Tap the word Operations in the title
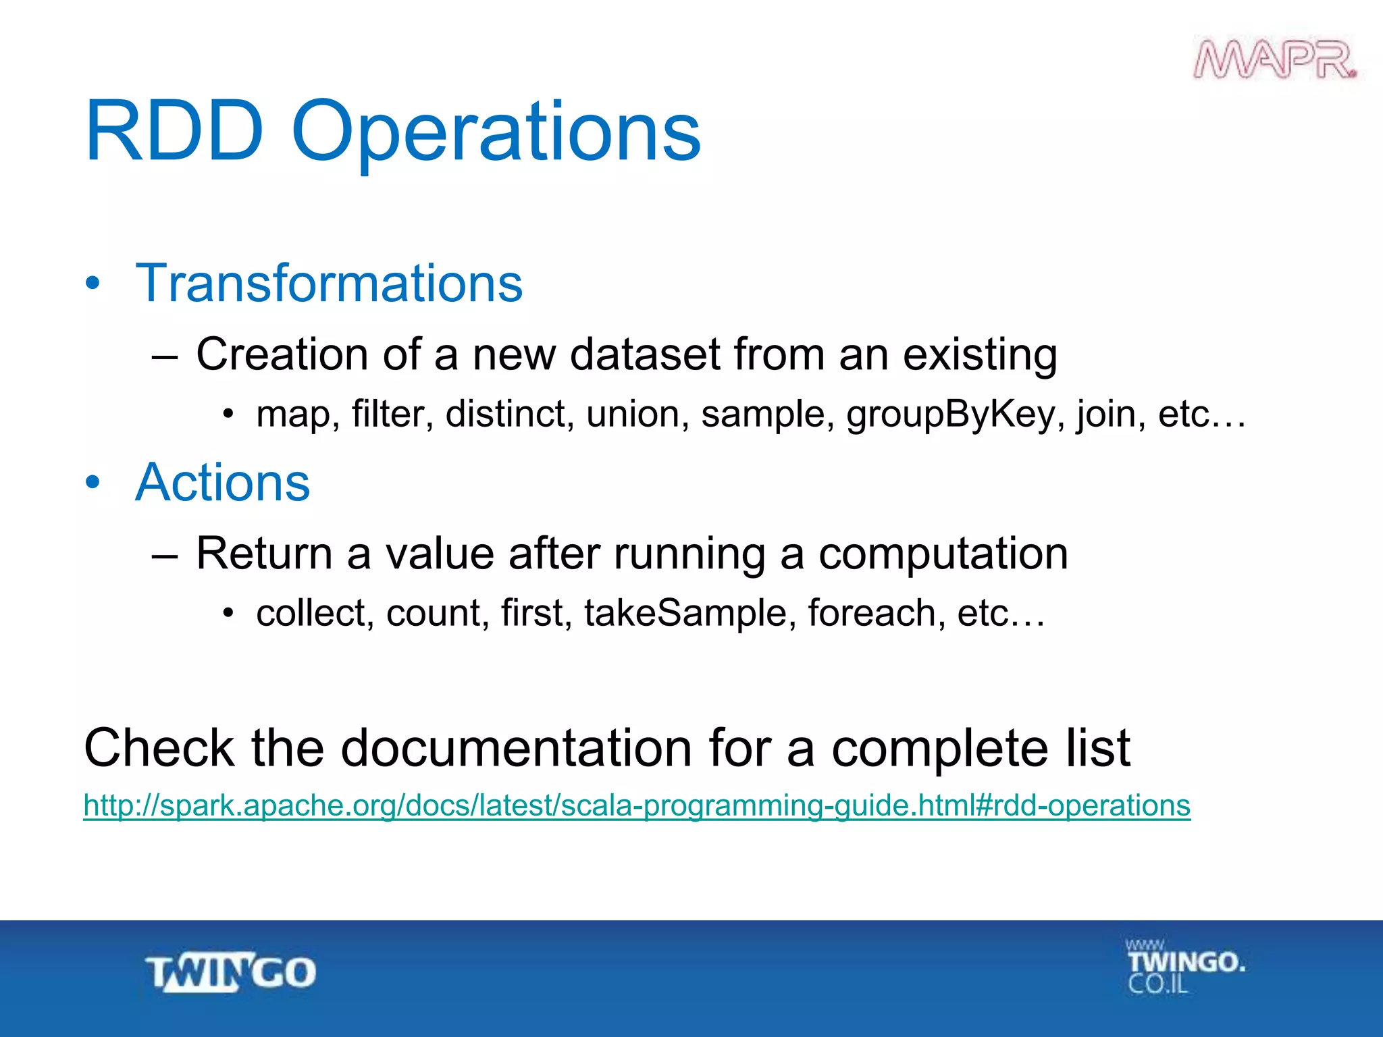(x=496, y=132)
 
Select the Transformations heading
(x=329, y=284)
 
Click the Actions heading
(x=222, y=483)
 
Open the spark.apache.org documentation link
(x=636, y=805)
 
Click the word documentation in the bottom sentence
(x=516, y=748)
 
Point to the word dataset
(x=645, y=354)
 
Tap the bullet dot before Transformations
(x=93, y=284)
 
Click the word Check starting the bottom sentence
(x=159, y=748)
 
